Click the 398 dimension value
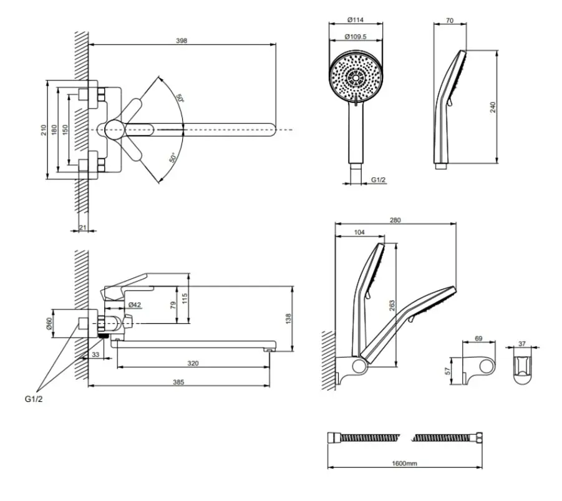click(182, 41)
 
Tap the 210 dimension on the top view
click(44, 130)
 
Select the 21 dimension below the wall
click(83, 227)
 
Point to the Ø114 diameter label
click(356, 20)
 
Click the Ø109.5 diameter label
click(356, 37)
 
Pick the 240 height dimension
click(493, 107)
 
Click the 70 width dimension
click(450, 21)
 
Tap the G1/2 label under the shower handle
click(378, 180)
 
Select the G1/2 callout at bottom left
click(34, 399)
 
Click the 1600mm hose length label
click(404, 464)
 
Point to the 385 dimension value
click(178, 382)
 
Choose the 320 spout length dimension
click(193, 363)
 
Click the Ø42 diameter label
click(134, 305)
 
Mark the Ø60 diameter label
click(49, 323)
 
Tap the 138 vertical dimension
click(289, 318)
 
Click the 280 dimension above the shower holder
click(395, 220)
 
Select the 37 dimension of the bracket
click(522, 344)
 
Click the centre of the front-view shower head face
click(356, 77)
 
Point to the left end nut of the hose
click(333, 437)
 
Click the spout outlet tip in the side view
click(268, 349)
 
